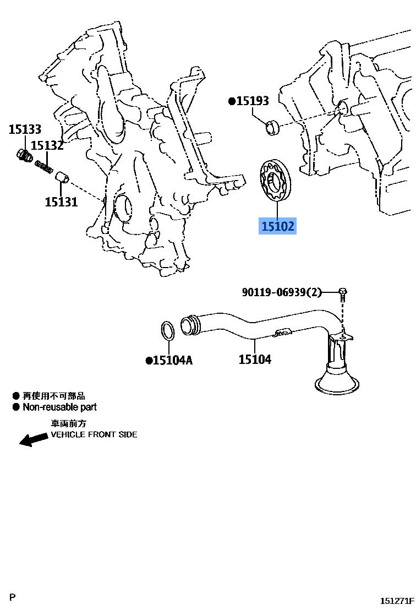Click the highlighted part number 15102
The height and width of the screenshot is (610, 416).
click(277, 226)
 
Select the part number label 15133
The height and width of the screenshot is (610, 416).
click(25, 129)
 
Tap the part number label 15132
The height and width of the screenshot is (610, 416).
click(47, 145)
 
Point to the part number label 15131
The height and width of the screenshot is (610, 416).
click(61, 202)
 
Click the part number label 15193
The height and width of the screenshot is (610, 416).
click(252, 101)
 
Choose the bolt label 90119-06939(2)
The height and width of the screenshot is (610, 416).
click(282, 292)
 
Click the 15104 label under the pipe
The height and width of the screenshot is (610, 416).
click(255, 360)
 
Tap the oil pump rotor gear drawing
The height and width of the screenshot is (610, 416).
click(277, 181)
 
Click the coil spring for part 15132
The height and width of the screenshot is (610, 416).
click(43, 165)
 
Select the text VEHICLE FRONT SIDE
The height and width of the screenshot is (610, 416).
click(94, 434)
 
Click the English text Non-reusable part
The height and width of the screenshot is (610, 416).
click(59, 407)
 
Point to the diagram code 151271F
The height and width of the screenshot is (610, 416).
click(397, 601)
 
